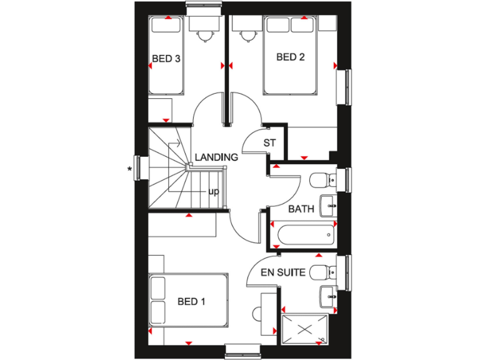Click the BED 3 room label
pos(166,59)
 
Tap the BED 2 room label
pos(290,57)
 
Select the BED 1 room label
pos(191,302)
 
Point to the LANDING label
pos(216,157)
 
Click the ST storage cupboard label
pos(269,143)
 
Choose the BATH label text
pos(301,209)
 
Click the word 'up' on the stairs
pos(213,191)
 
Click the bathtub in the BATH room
pos(303,236)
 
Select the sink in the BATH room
pos(328,204)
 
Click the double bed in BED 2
pos(290,56)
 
